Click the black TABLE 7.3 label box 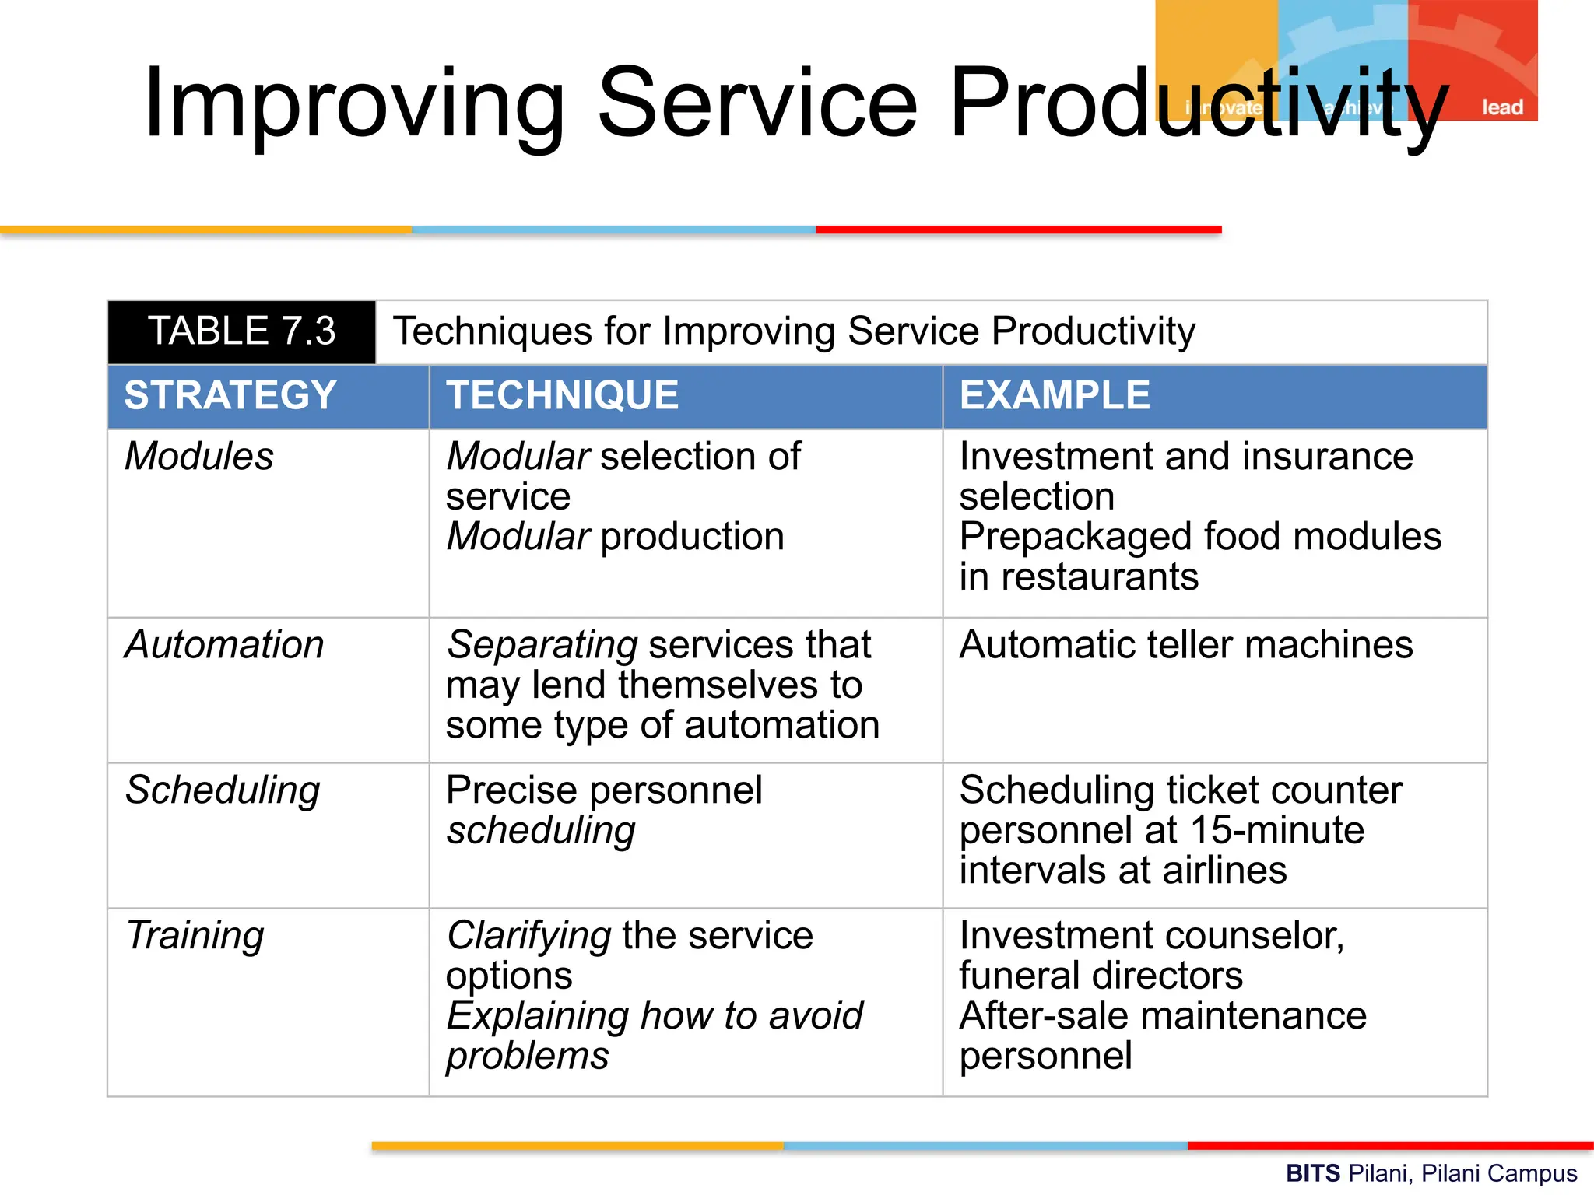click(241, 331)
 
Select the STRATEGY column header click(230, 395)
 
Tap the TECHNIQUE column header click(562, 395)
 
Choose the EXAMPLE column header click(1055, 395)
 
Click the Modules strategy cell click(199, 457)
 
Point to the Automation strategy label click(224, 645)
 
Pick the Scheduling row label click(223, 790)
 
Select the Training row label click(195, 936)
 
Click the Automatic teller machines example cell click(1185, 645)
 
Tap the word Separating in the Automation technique click(542, 645)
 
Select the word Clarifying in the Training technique click(528, 936)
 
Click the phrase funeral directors click(1101, 976)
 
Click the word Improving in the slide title click(354, 103)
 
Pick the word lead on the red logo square click(1501, 107)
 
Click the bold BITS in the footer click(1312, 1173)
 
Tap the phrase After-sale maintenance click(1162, 1016)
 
